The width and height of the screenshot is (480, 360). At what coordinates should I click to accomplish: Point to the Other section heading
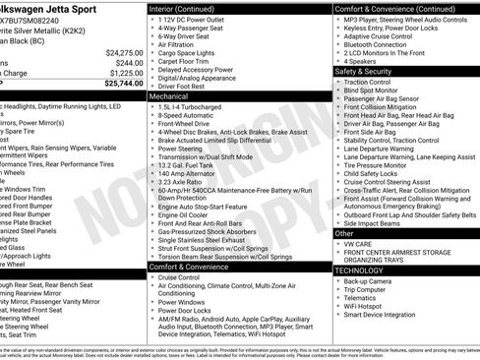343,234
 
